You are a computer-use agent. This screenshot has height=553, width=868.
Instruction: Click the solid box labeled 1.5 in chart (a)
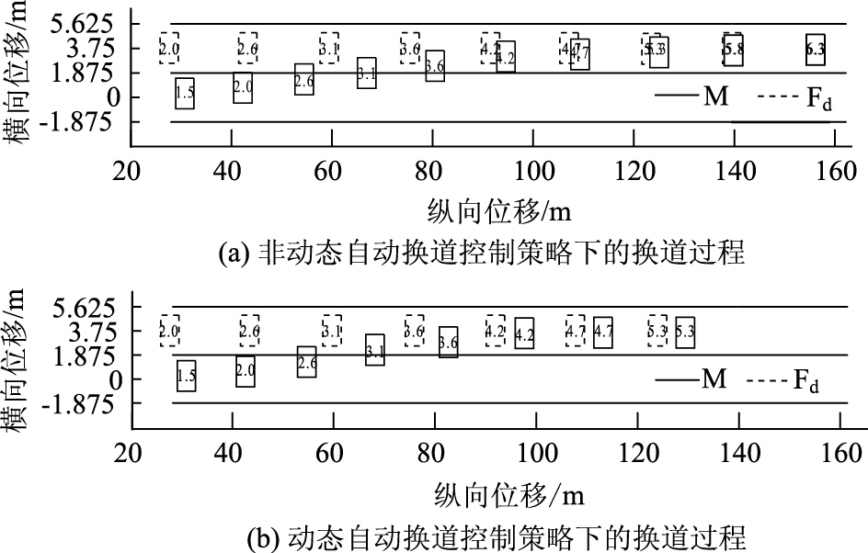pos(185,94)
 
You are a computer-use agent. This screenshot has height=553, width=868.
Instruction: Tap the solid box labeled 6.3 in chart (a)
pos(815,50)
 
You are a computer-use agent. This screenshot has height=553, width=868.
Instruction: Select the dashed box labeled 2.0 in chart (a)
pos(169,47)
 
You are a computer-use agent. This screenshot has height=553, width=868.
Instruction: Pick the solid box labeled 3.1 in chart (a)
pos(367,72)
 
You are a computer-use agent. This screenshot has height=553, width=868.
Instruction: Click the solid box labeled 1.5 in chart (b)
pos(187,375)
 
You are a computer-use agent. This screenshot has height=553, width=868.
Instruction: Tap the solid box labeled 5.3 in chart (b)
pos(685,332)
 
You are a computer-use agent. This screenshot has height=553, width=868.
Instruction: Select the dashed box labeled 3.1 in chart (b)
pos(332,330)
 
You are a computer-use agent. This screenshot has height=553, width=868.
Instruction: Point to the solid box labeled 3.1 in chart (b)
pos(375,350)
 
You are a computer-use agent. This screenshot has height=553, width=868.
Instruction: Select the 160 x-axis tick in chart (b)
pos(840,453)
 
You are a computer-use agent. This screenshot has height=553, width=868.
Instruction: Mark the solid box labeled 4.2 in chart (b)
pos(525,335)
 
